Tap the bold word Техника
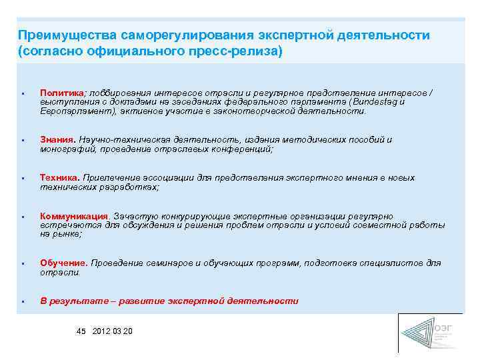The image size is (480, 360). point(59,178)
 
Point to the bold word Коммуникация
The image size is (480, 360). point(74,217)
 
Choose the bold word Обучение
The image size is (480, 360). point(63,263)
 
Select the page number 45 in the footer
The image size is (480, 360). point(81,331)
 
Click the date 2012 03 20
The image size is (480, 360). point(113,331)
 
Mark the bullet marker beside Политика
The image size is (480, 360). point(23,93)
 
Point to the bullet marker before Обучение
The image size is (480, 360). point(23,264)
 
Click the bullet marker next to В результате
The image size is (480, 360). point(23,301)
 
